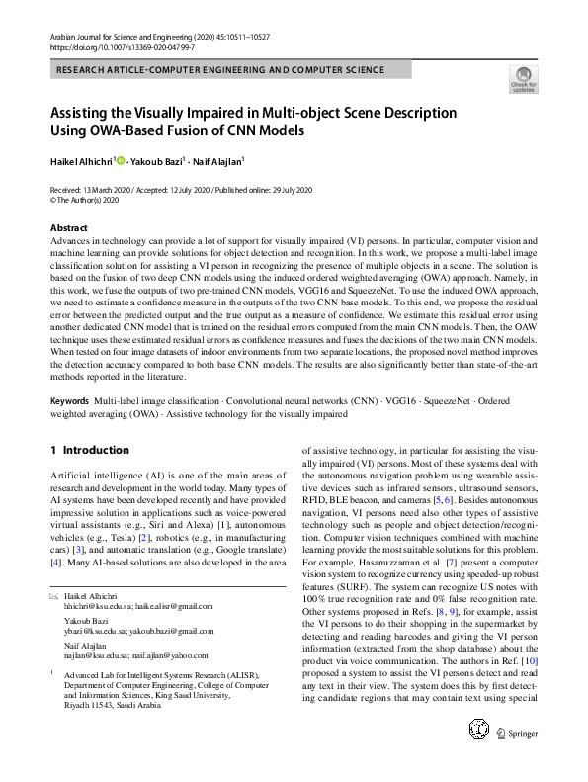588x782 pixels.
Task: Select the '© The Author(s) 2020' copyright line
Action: [x=85, y=199]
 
